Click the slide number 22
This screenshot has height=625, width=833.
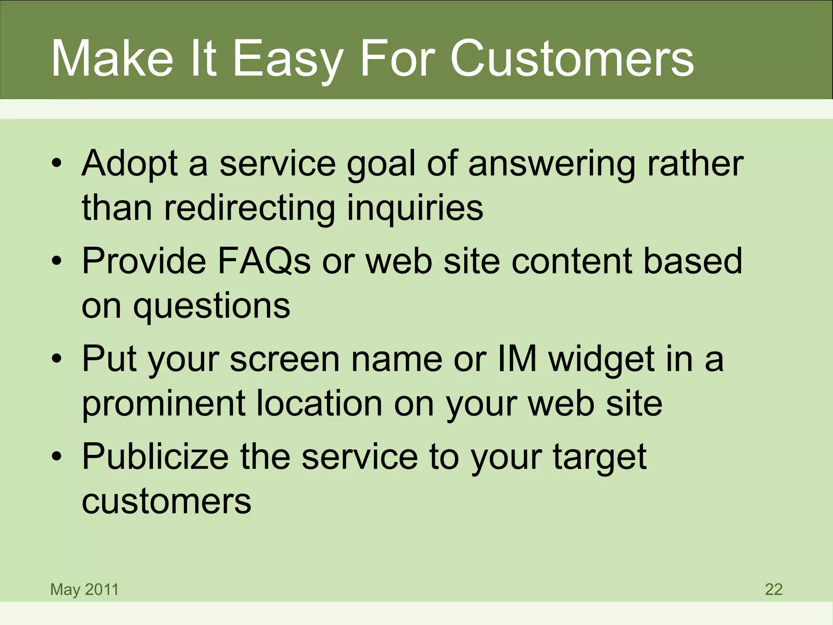pos(774,589)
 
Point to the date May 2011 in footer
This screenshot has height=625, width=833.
pos(84,589)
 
